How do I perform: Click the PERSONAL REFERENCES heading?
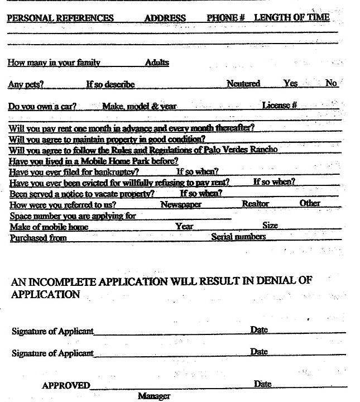pos(60,18)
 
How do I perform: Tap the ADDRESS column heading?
pos(165,18)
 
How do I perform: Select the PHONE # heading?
pos(226,18)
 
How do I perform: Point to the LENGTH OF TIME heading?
pos(291,17)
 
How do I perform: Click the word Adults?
pos(157,63)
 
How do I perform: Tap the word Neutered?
pos(243,84)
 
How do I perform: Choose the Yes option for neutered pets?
pos(290,83)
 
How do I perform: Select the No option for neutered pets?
pos(331,83)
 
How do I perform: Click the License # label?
pos(279,105)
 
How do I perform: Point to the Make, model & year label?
pos(140,106)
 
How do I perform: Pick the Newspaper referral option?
pos(181,204)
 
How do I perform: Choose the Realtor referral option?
pos(255,204)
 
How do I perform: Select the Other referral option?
pos(310,203)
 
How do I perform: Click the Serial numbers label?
pos(238,237)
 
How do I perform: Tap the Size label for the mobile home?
pos(270,226)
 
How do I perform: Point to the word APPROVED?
pos(66,385)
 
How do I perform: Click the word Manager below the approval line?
pos(153,396)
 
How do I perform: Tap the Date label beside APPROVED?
pos(262,384)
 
